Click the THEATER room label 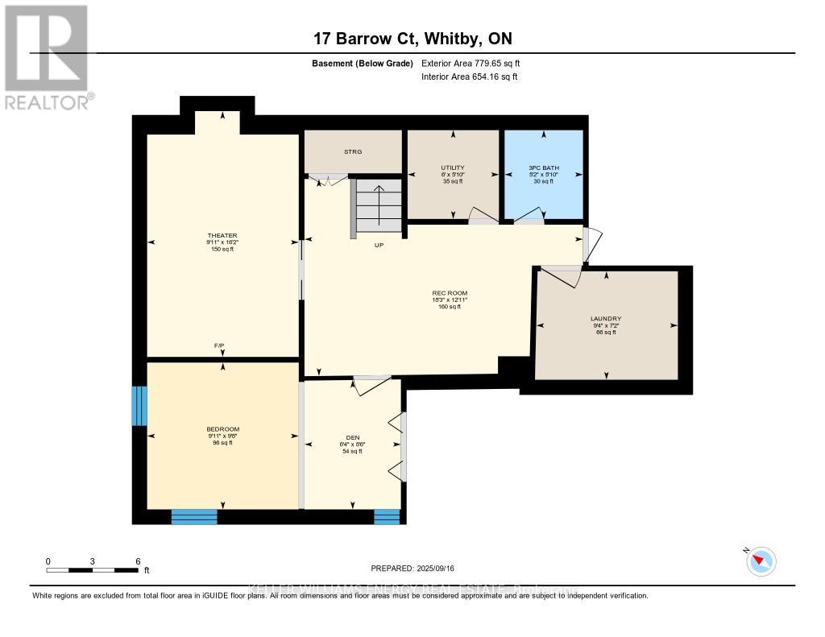(x=222, y=235)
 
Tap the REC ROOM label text (x=450, y=293)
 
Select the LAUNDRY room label (x=605, y=319)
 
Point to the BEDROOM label (x=222, y=429)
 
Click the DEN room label (x=352, y=438)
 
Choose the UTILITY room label (x=452, y=168)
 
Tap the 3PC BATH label (x=544, y=168)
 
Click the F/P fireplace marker (x=219, y=345)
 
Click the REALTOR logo (x=47, y=57)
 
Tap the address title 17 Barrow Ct (x=412, y=39)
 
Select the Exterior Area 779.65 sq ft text (x=476, y=63)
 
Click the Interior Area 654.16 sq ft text (x=470, y=77)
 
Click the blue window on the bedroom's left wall (x=139, y=406)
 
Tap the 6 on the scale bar (x=138, y=561)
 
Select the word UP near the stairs (x=378, y=246)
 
